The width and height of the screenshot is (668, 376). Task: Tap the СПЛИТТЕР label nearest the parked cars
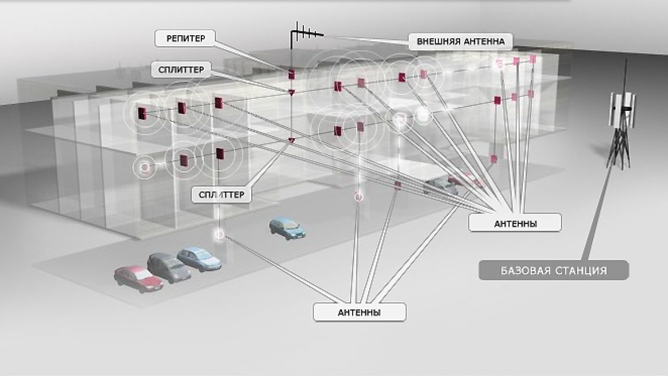pyautogui.click(x=222, y=194)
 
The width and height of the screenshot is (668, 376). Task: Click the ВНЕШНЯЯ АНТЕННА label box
pyautogui.click(x=460, y=42)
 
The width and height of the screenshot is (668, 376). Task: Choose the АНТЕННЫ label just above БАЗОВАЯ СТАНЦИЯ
pyautogui.click(x=515, y=223)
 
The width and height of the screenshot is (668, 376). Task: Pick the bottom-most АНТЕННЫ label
pyautogui.click(x=359, y=312)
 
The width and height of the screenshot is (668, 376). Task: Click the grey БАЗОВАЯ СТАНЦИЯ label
pyautogui.click(x=553, y=270)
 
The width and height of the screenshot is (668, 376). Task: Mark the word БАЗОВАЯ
pyautogui.click(x=520, y=270)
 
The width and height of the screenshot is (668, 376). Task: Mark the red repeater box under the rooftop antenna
pyautogui.click(x=292, y=74)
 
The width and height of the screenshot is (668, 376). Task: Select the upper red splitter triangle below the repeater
pyautogui.click(x=292, y=92)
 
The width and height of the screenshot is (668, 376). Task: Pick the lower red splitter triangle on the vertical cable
pyautogui.click(x=292, y=140)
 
